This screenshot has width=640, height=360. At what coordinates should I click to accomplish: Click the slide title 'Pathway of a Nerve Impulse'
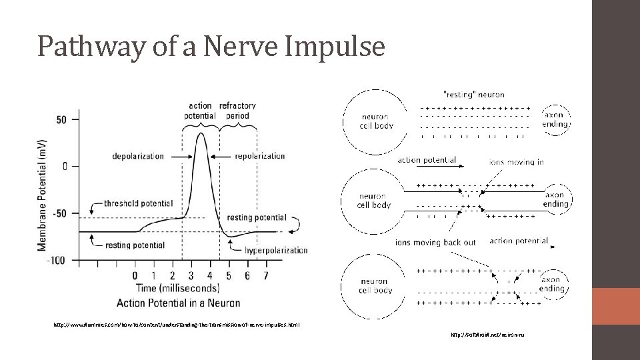pyautogui.click(x=211, y=46)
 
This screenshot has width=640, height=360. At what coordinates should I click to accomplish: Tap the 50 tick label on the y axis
pyautogui.click(x=61, y=119)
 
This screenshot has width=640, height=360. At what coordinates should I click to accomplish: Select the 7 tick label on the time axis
pyautogui.click(x=267, y=275)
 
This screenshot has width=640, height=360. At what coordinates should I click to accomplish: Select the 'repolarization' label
pyautogui.click(x=260, y=156)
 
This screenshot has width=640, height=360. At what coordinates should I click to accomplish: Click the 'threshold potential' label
pyautogui.click(x=138, y=203)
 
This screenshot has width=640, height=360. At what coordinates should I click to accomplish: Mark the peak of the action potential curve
pyautogui.click(x=201, y=133)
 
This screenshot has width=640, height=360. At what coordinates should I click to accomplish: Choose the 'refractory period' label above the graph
pyautogui.click(x=237, y=110)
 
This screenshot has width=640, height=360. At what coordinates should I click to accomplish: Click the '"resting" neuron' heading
pyautogui.click(x=473, y=95)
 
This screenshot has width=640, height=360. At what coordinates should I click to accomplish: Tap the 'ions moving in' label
pyautogui.click(x=517, y=161)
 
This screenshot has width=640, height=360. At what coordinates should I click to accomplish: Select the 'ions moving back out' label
pyautogui.click(x=435, y=242)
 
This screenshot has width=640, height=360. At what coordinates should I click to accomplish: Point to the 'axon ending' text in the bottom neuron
pyautogui.click(x=555, y=285)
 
